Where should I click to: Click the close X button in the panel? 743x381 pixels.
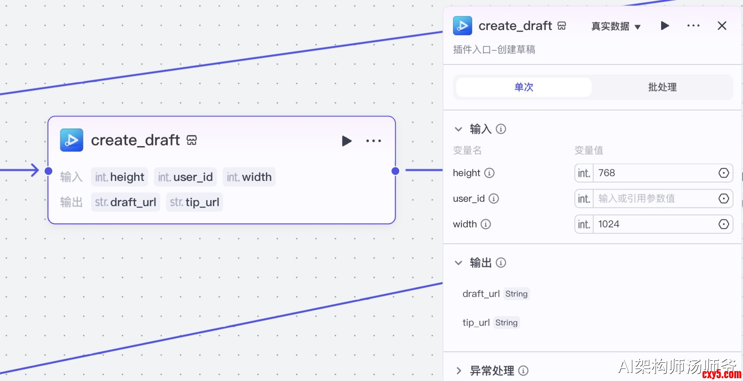click(722, 26)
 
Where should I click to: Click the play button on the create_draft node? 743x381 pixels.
click(346, 141)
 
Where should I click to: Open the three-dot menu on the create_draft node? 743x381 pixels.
click(374, 141)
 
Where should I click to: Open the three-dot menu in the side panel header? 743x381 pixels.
click(693, 26)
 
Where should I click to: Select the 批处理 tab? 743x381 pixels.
click(662, 87)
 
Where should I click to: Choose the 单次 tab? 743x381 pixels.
click(524, 87)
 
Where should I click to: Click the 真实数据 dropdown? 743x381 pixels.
click(615, 27)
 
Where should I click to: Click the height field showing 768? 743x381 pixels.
click(654, 173)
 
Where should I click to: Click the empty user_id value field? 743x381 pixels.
click(654, 199)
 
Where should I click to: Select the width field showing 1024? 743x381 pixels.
click(654, 224)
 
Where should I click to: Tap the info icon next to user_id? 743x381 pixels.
click(494, 199)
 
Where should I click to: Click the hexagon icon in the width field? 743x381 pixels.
click(724, 224)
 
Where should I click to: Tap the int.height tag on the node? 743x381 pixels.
click(119, 177)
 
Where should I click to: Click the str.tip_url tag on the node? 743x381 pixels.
click(194, 202)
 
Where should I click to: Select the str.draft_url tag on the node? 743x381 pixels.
click(126, 202)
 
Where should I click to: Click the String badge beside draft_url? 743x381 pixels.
click(516, 294)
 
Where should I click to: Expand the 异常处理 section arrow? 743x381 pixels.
click(459, 371)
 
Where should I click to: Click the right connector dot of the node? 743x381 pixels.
click(396, 171)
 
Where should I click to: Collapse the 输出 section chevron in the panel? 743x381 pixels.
click(459, 263)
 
